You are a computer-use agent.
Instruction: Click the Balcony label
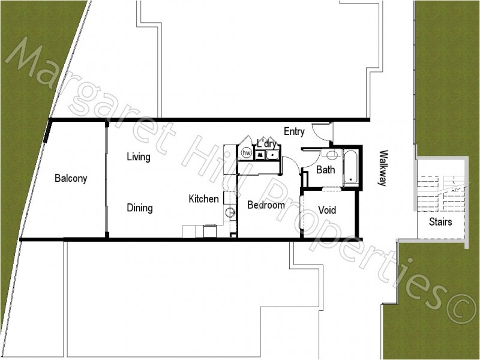pyautogui.click(x=71, y=178)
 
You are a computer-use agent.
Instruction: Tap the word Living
pyautogui.click(x=138, y=157)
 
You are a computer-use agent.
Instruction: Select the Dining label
pyautogui.click(x=139, y=208)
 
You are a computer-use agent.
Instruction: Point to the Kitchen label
pyautogui.click(x=204, y=199)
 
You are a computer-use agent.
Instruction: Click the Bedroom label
pyautogui.click(x=266, y=205)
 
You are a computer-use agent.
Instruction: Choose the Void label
pyautogui.click(x=326, y=211)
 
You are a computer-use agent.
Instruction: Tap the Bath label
pyautogui.click(x=325, y=170)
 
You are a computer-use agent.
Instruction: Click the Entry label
pyautogui.click(x=295, y=132)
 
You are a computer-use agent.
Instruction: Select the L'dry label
pyautogui.click(x=266, y=144)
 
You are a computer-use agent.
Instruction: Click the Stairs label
pyautogui.click(x=440, y=222)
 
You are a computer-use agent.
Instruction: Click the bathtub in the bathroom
pyautogui.click(x=350, y=168)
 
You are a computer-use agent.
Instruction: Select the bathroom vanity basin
pyautogui.click(x=332, y=154)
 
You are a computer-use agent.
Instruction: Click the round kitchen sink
pyautogui.click(x=229, y=211)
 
